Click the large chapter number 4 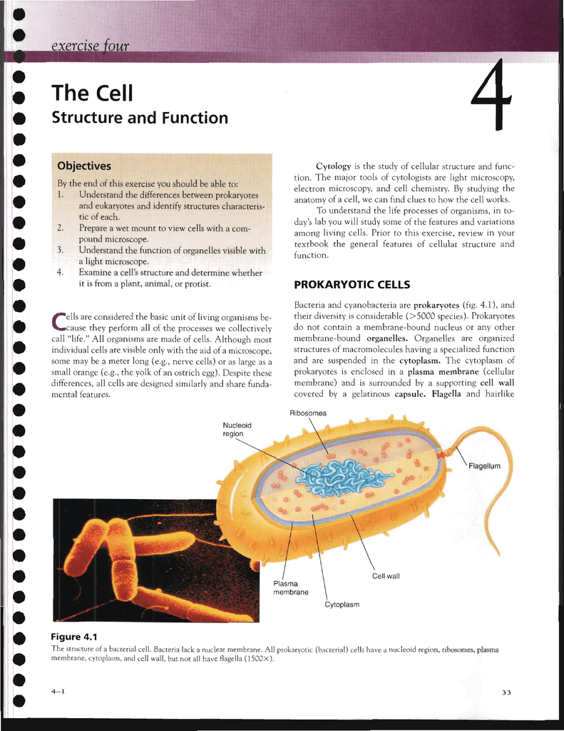tap(491, 96)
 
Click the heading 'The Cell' tap(92, 93)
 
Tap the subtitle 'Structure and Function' tap(140, 118)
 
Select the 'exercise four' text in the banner tap(90, 46)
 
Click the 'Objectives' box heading tap(84, 166)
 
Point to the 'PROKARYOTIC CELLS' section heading tap(352, 284)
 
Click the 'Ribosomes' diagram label tap(308, 413)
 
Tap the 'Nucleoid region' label tap(237, 429)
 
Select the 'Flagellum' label tap(484, 465)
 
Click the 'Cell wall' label tap(386, 576)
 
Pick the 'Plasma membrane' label tap(291, 588)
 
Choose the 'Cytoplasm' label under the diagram tap(342, 605)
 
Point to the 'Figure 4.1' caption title tap(74, 637)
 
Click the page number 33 tap(506, 692)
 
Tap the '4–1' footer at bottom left tap(58, 691)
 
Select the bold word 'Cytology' tap(334, 166)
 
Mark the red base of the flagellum tap(440, 454)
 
